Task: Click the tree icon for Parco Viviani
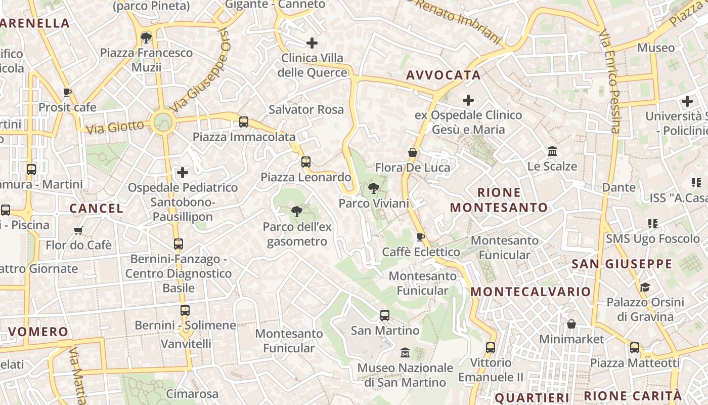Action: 374,189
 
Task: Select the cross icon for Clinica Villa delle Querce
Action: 312,43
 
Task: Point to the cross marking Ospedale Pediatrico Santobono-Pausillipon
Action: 183,173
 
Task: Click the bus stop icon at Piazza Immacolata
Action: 244,122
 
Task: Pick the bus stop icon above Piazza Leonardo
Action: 305,162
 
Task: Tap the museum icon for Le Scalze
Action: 552,151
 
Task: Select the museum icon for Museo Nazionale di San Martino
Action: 405,352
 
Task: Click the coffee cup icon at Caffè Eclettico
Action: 420,237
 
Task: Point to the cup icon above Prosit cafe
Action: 67,92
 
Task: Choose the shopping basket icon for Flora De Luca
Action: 413,152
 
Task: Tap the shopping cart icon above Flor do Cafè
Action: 78,231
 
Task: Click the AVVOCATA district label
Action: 444,75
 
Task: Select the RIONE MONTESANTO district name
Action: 499,200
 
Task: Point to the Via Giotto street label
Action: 115,127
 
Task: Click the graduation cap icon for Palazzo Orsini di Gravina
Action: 645,288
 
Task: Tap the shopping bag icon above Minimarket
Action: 571,324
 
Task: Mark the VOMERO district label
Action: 38,332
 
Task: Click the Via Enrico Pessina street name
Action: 609,81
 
